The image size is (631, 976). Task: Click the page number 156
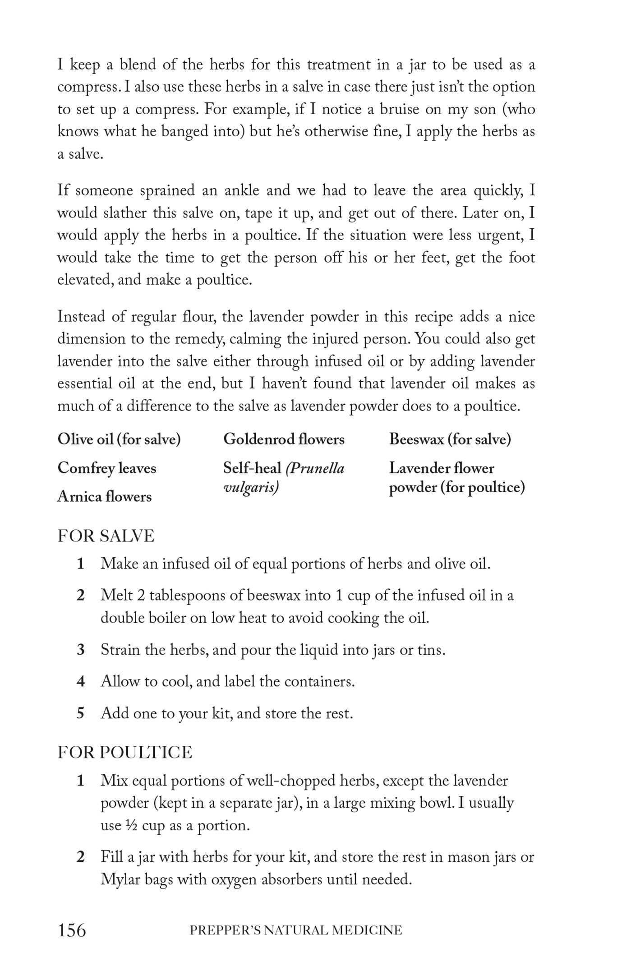pos(72,930)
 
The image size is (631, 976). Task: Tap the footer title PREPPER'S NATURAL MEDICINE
pos(296,930)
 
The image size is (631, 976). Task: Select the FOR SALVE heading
pos(106,536)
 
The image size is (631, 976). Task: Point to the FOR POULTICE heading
pos(125,752)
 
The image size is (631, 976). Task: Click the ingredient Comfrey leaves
pos(106,468)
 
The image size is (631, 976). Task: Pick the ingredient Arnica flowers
pos(104,496)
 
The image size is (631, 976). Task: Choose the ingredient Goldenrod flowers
pos(284,439)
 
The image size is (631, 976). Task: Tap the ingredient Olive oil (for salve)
pos(119,439)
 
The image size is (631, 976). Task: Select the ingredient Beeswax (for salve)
pos(450,439)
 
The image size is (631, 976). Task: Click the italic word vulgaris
pos(251,488)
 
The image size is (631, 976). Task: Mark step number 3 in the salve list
pos(81,650)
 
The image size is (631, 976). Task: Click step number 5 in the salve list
pos(81,713)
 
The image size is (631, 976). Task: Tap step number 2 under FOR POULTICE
pos(81,856)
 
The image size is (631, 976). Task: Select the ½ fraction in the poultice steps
pos(131,825)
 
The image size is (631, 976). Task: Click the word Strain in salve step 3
pos(119,650)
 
